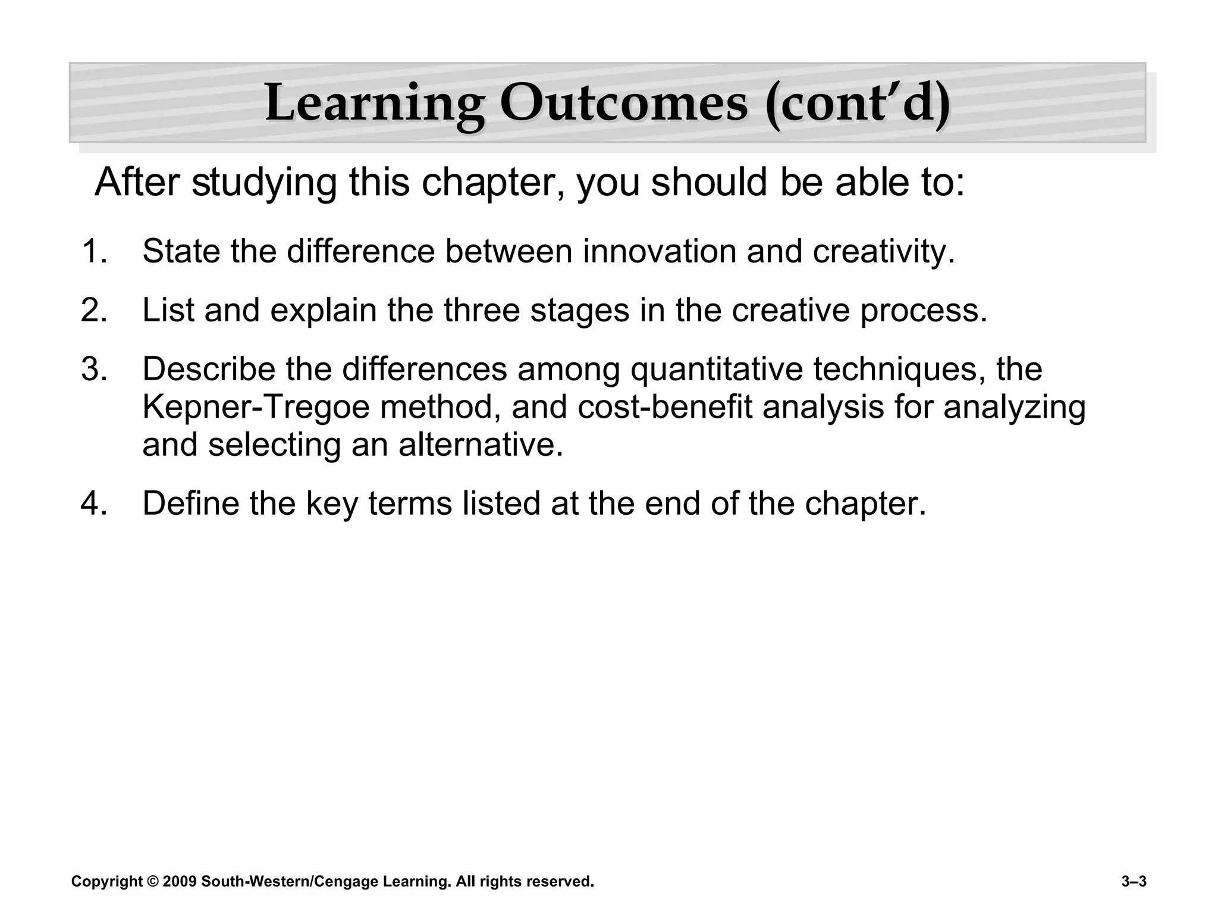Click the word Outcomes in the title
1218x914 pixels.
pyautogui.click(x=623, y=104)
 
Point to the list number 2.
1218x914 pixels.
pyautogui.click(x=93, y=310)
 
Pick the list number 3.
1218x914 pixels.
pyautogui.click(x=93, y=369)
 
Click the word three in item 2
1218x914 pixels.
pyautogui.click(x=482, y=310)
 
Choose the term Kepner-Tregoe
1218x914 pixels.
pyautogui.click(x=256, y=408)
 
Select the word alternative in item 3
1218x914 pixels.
pyautogui.click(x=480, y=445)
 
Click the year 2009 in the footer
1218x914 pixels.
pyautogui.click(x=179, y=881)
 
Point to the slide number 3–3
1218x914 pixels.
pyautogui.click(x=1134, y=881)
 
